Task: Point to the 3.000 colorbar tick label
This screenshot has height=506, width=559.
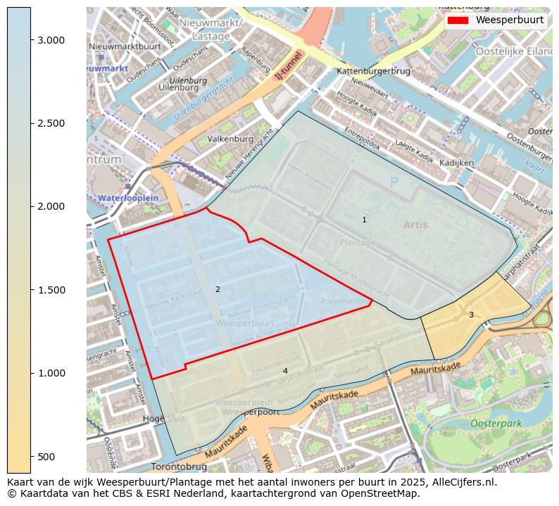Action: point(51,40)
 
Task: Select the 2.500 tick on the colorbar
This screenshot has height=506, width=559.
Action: point(51,123)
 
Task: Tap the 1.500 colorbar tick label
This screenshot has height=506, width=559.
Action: point(51,290)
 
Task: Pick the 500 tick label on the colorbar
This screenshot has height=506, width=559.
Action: point(47,456)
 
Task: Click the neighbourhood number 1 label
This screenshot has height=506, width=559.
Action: point(364,220)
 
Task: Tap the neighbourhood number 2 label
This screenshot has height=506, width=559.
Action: point(218,289)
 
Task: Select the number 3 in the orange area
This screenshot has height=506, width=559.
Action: point(471,315)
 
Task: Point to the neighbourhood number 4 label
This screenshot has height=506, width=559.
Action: point(285,371)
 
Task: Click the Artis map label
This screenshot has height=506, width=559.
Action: point(415,224)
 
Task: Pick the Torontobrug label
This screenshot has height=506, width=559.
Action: point(179,467)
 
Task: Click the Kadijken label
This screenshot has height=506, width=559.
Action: point(456,163)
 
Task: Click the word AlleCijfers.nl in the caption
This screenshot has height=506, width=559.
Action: point(460,482)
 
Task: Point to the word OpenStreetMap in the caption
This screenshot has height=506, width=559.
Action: point(382,493)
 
